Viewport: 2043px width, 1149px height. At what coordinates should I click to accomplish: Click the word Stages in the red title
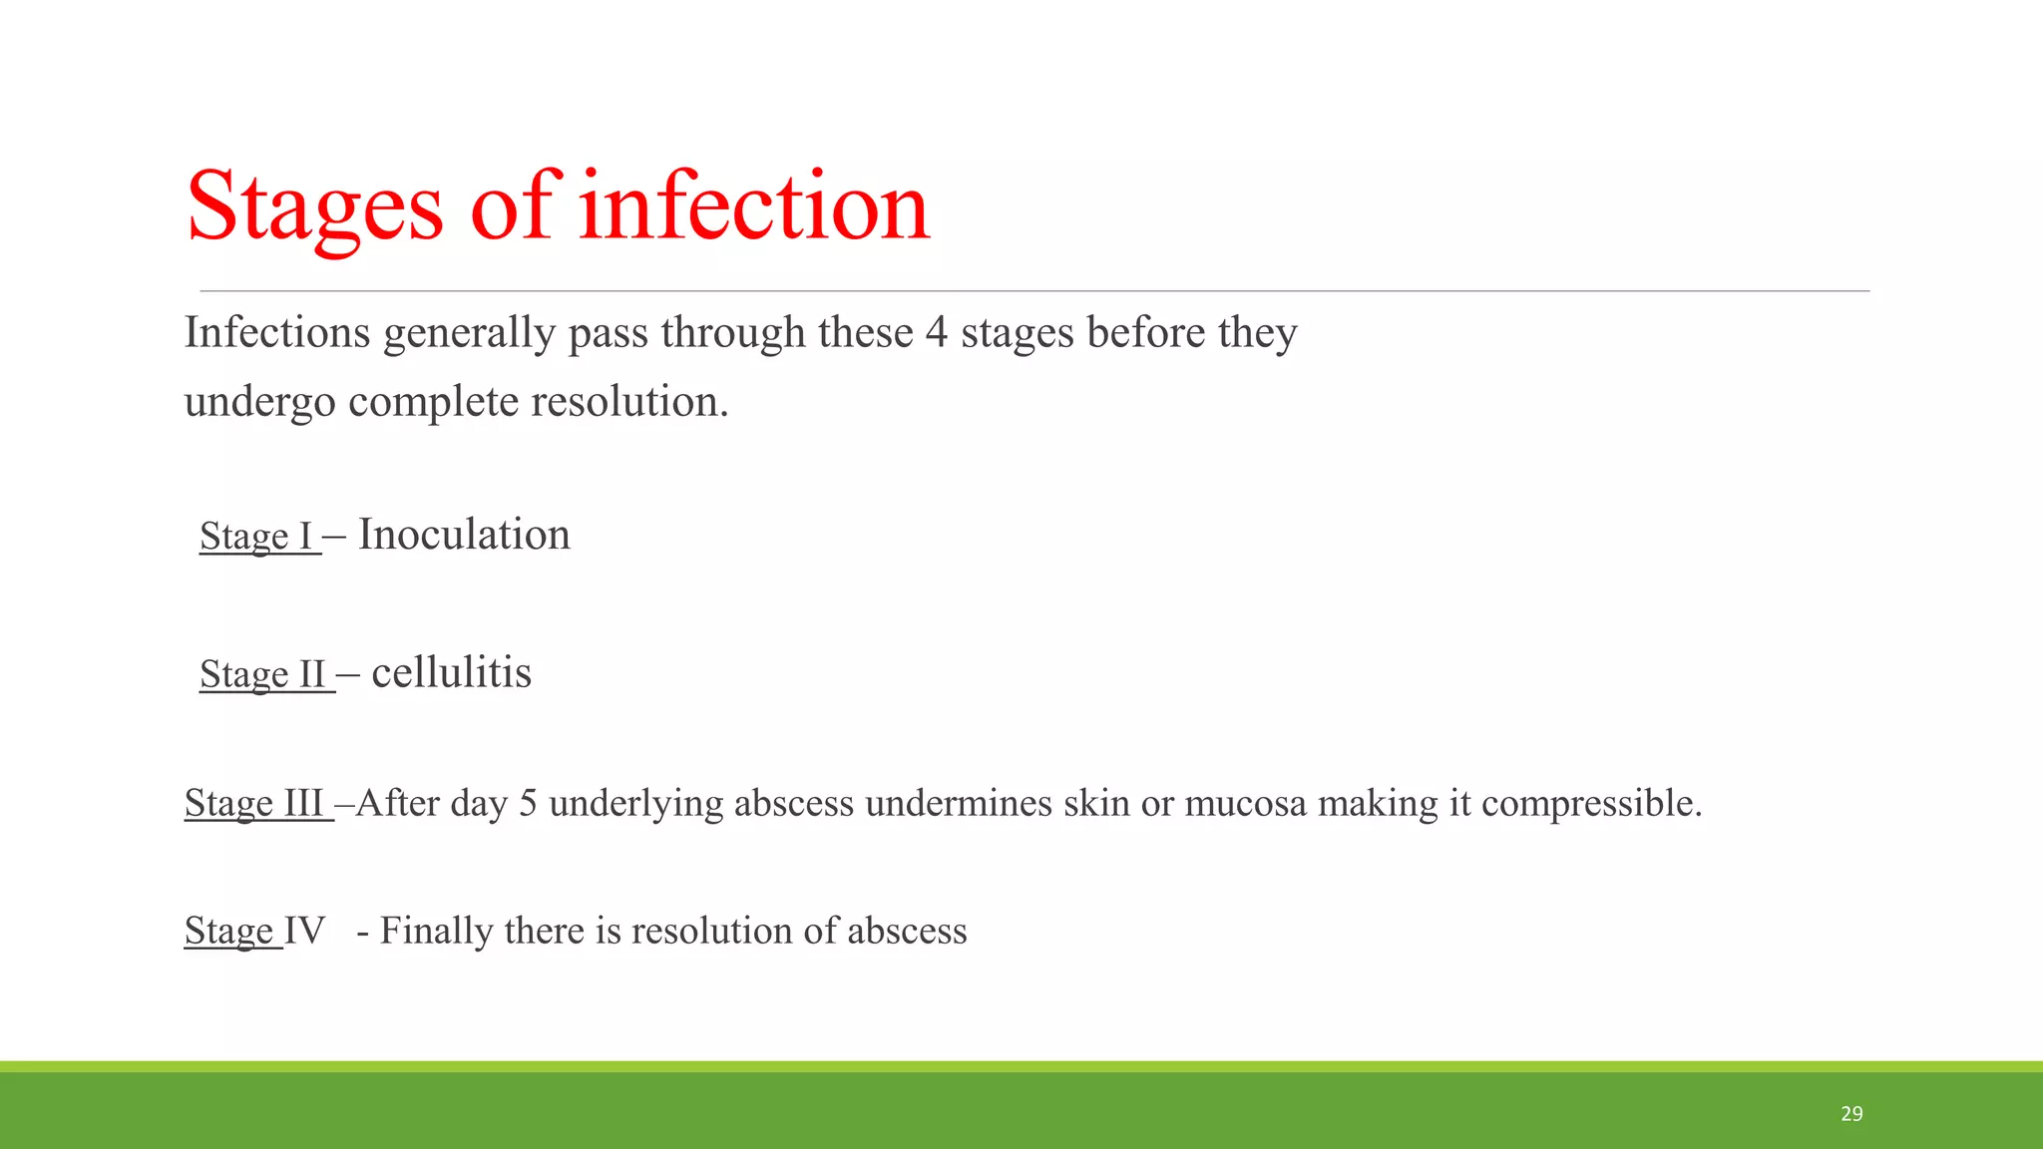point(314,207)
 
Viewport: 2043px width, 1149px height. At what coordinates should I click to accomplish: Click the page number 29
point(1851,1114)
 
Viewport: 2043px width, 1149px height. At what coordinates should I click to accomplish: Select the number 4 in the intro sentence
point(936,333)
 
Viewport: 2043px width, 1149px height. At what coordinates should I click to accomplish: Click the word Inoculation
point(464,536)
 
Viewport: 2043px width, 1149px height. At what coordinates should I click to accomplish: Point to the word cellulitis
point(451,673)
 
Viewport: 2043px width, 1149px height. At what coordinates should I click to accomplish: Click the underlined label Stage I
point(257,537)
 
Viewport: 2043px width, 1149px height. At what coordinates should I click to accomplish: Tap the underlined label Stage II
point(264,674)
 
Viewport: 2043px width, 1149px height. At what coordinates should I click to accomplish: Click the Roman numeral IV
point(305,931)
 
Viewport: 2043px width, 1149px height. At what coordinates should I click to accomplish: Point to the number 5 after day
point(528,803)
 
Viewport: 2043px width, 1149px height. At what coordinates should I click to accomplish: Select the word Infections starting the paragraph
point(277,333)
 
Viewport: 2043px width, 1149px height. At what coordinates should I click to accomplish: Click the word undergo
point(259,403)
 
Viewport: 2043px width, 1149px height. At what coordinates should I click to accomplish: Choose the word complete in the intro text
point(434,403)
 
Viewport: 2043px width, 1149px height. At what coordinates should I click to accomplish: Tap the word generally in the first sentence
point(469,333)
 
